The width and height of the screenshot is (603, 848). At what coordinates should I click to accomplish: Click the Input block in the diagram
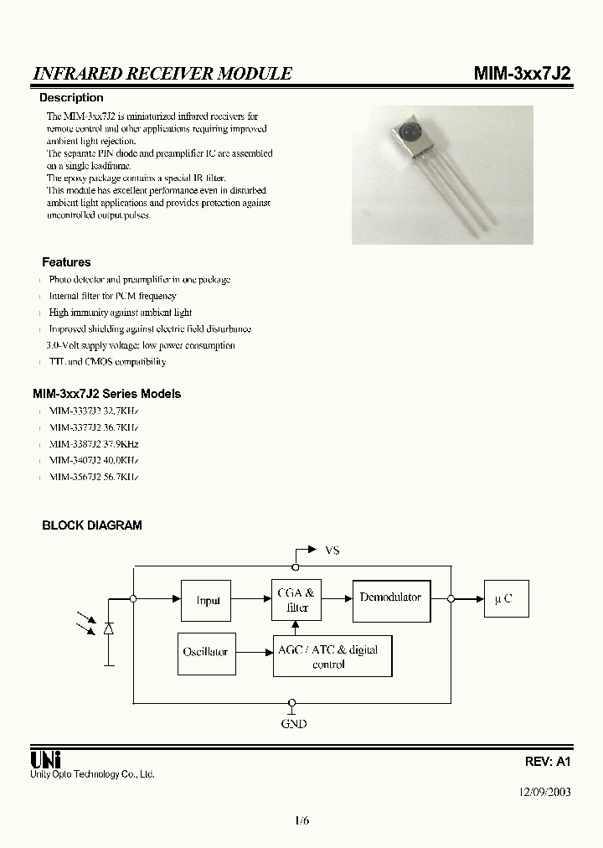(208, 600)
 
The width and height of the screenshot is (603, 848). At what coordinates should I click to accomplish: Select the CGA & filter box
(296, 600)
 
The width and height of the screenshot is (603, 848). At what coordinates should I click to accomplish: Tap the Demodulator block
(391, 600)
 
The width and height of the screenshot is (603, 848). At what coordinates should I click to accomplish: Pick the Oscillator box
(205, 652)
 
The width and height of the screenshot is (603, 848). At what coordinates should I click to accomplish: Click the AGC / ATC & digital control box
(332, 656)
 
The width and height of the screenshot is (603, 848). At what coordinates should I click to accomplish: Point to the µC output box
(504, 599)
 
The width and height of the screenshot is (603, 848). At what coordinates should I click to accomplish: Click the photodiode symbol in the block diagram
(109, 628)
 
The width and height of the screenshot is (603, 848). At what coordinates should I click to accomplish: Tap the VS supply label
(332, 551)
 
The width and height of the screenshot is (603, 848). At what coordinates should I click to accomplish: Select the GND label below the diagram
(294, 723)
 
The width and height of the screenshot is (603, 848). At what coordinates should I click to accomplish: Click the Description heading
(71, 98)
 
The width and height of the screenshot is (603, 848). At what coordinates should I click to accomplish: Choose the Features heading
(66, 262)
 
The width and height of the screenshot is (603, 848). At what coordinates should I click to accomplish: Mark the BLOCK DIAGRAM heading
(92, 525)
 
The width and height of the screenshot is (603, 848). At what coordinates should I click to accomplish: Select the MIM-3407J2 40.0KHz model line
(94, 461)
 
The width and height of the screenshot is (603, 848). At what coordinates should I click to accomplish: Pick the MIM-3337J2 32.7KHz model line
(94, 411)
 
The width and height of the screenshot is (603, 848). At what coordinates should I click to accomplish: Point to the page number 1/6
(302, 821)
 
